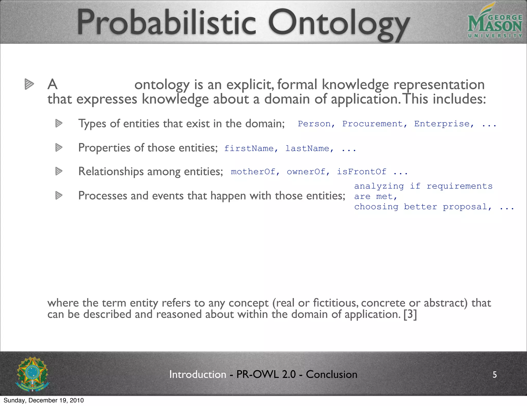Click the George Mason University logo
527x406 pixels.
[495, 23]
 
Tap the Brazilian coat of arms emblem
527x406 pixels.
[32, 374]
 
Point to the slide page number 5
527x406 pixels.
[495, 375]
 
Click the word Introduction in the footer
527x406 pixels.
[198, 374]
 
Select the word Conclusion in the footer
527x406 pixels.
[331, 374]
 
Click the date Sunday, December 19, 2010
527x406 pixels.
[44, 400]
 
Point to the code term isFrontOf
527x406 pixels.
[362, 172]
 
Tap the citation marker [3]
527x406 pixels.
[410, 315]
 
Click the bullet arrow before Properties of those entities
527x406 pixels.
[59, 148]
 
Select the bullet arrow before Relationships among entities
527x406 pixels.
[59, 171]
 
